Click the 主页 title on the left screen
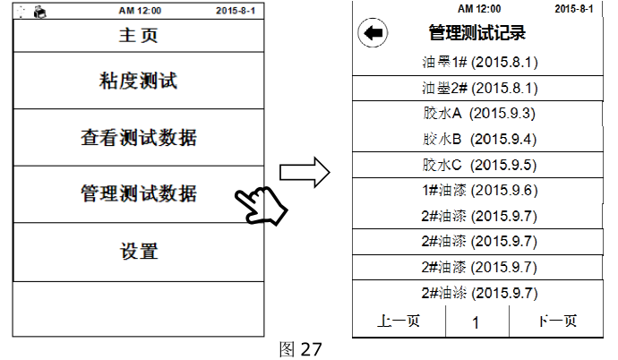pyautogui.click(x=138, y=37)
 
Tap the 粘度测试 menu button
pyautogui.click(x=138, y=81)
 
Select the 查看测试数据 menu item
pyautogui.click(x=138, y=138)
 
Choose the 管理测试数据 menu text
pyautogui.click(x=138, y=193)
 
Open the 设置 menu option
pyautogui.click(x=138, y=252)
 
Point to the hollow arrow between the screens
pyautogui.click(x=304, y=175)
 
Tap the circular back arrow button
pyautogui.click(x=372, y=34)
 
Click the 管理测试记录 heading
pyautogui.click(x=476, y=34)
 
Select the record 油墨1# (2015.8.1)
pyautogui.click(x=479, y=63)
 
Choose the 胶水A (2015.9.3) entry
pyautogui.click(x=479, y=114)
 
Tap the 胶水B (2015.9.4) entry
pyautogui.click(x=479, y=139)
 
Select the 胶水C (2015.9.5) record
pyautogui.click(x=479, y=165)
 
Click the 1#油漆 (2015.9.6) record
pyautogui.click(x=479, y=190)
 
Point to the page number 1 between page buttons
pyautogui.click(x=476, y=322)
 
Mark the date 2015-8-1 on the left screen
pyautogui.click(x=236, y=11)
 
